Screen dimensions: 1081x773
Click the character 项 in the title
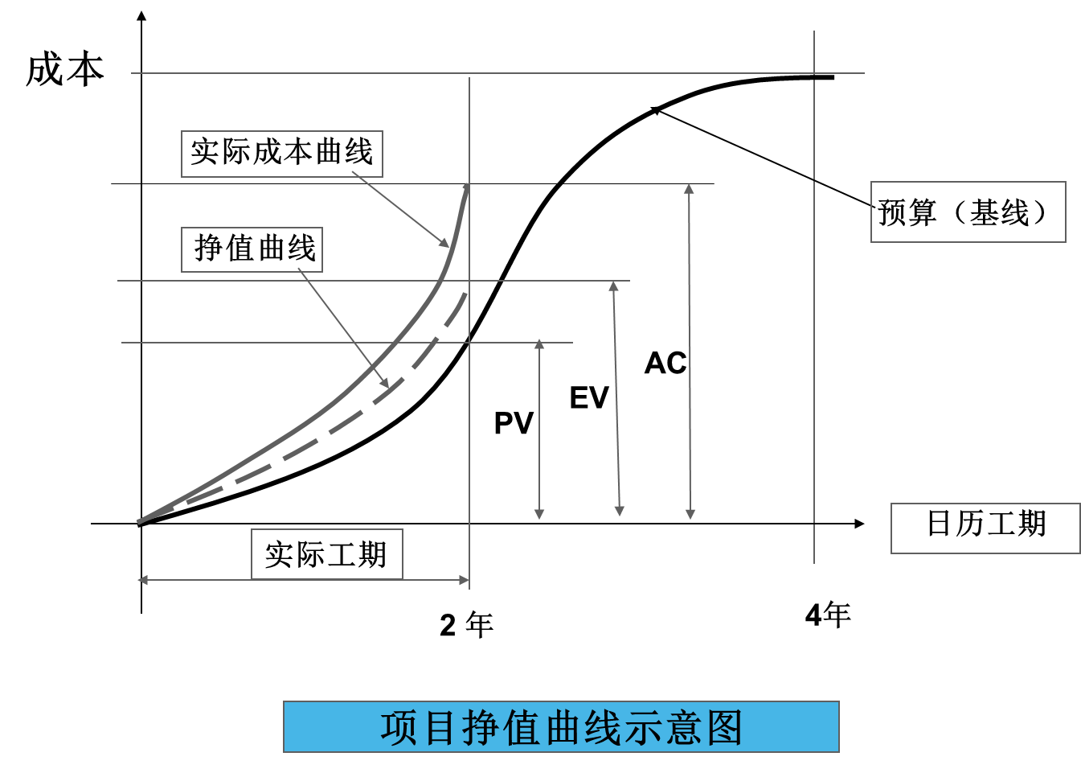399,728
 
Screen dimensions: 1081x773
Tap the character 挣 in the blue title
481,728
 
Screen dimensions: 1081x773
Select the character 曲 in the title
563,728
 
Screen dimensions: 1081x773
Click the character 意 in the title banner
684,728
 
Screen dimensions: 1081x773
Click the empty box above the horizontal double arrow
327,553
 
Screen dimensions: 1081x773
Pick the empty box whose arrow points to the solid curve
281,154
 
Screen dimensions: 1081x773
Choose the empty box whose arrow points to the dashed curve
252,249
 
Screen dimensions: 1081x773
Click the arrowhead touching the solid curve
444,243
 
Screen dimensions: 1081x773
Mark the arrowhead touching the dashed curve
385,384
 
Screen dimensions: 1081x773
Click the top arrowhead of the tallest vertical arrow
689,189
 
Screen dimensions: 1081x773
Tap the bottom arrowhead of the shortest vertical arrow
539,514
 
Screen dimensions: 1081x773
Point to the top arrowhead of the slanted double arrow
613,286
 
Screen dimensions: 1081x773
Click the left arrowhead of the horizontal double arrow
143,580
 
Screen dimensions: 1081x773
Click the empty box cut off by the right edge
985,528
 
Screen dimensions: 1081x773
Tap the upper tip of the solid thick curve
466,187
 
